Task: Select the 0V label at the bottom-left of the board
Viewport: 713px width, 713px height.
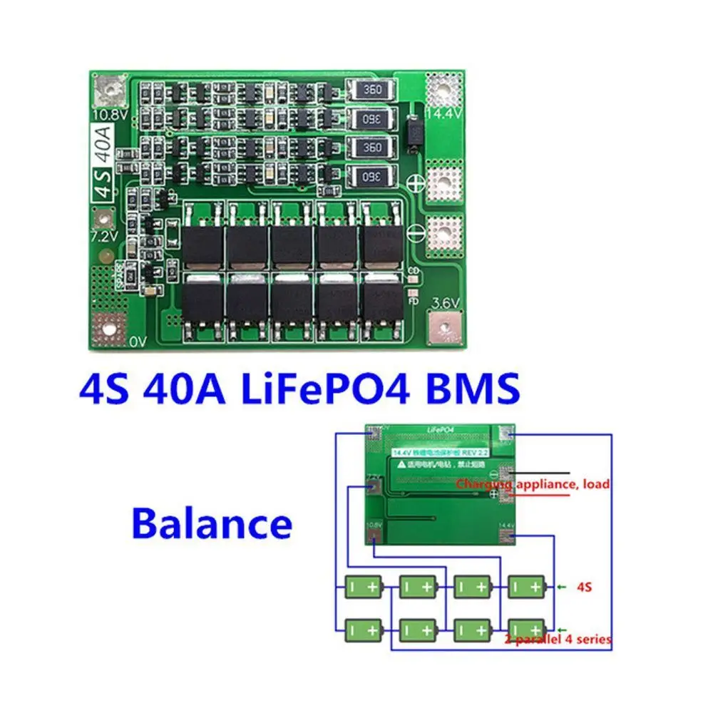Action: tap(138, 342)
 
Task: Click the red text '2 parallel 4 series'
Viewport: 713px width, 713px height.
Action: tap(559, 639)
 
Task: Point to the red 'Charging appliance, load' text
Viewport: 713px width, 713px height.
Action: tap(533, 484)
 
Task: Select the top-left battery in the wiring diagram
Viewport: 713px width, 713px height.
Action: tap(364, 587)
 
